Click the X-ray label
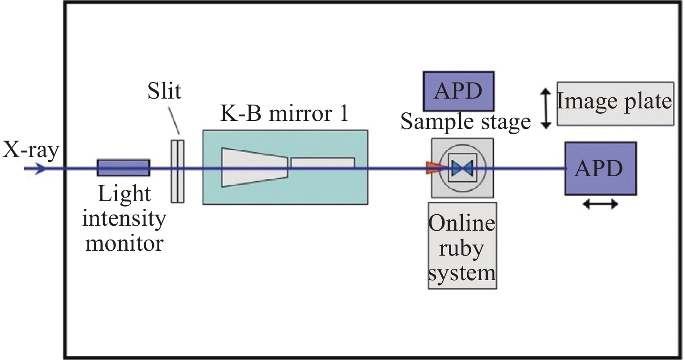[30, 151]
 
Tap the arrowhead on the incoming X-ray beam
[41, 169]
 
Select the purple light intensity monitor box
[124, 168]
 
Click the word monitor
[124, 243]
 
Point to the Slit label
[165, 91]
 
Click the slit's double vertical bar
[177, 171]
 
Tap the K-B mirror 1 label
[284, 114]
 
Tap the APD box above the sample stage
[458, 91]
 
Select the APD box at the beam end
[600, 168]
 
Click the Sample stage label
[465, 121]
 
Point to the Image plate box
[615, 103]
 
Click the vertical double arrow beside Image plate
[545, 108]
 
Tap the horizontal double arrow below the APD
[601, 204]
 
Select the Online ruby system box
[462, 245]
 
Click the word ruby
[461, 248]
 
